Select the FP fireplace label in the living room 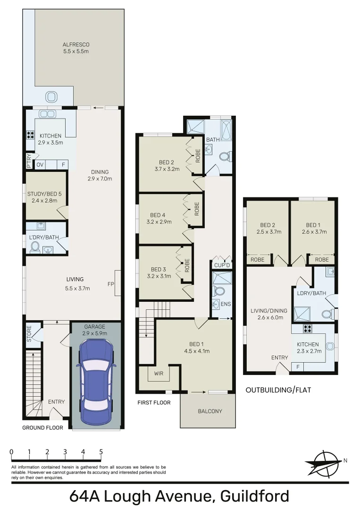tap(110, 284)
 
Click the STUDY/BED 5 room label tap(41, 197)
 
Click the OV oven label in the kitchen tap(40, 165)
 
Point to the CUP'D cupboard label tap(221, 265)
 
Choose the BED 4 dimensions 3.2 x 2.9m tap(159, 221)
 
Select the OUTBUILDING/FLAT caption tap(278, 390)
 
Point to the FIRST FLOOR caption tap(154, 403)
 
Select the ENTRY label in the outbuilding tap(279, 357)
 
